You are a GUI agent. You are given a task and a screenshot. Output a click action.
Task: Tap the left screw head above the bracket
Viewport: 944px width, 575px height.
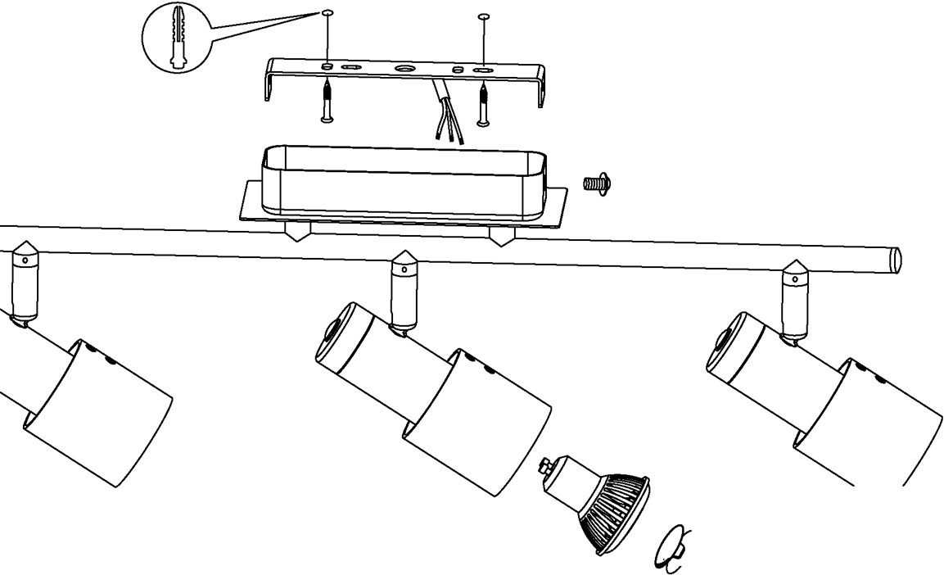pyautogui.click(x=327, y=13)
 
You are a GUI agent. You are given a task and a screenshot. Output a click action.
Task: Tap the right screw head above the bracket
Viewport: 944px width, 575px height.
pyautogui.click(x=483, y=16)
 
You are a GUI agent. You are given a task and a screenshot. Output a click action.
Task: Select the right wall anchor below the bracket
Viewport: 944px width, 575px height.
pyautogui.click(x=484, y=103)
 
